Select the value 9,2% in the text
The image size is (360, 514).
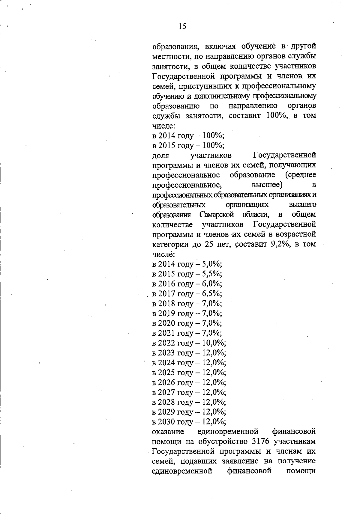point(281,244)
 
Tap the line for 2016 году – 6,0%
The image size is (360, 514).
point(187,284)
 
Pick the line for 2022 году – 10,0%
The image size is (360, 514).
point(189,343)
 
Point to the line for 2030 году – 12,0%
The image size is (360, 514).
point(189,422)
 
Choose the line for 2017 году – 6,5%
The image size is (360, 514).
point(187,293)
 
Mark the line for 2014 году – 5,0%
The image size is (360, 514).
point(187,264)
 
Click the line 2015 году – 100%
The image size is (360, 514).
point(188,146)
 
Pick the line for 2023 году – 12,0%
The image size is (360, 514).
point(189,353)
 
